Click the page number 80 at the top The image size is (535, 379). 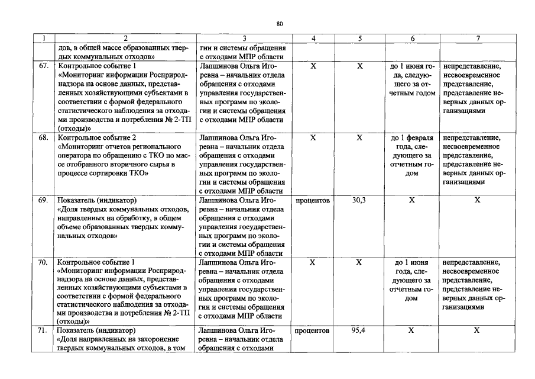(280, 24)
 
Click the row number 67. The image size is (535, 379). (44, 66)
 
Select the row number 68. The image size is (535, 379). (44, 137)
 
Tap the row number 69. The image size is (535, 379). (44, 200)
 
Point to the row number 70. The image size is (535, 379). (44, 262)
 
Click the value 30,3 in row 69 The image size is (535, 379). (359, 200)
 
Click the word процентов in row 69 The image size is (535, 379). (313, 200)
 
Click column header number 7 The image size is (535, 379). (478, 38)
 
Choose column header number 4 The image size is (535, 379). (313, 38)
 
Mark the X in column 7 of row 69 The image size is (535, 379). (478, 200)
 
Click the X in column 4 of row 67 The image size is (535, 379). (313, 66)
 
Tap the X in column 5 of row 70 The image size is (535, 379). (359, 262)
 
